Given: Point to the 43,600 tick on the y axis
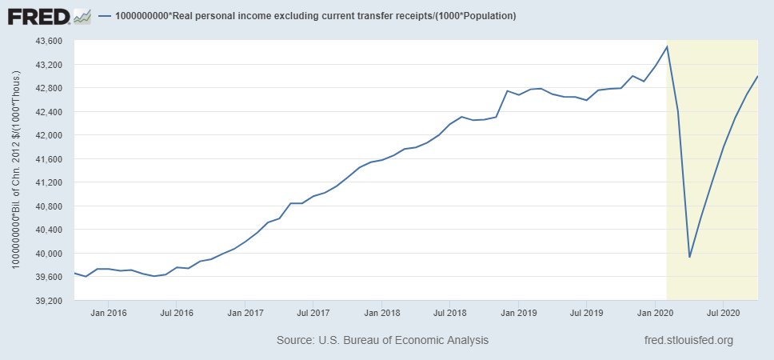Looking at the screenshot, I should (46, 41).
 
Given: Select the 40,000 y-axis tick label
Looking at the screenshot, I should (46, 254).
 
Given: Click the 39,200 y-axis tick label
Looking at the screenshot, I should (46, 301).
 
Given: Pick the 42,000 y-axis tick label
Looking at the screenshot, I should (46, 135).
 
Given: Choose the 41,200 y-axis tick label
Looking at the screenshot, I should (46, 182).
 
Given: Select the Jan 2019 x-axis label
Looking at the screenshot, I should (519, 312).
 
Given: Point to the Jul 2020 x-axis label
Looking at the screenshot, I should (723, 312).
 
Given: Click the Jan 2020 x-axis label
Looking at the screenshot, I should (656, 312).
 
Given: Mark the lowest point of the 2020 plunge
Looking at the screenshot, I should (689, 257).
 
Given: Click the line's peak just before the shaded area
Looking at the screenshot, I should (667, 46).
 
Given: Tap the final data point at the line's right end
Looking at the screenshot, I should (757, 76).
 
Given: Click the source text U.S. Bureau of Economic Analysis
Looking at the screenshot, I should (382, 341).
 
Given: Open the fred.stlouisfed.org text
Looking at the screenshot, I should (688, 341).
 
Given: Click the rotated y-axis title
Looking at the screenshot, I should (14, 170).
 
